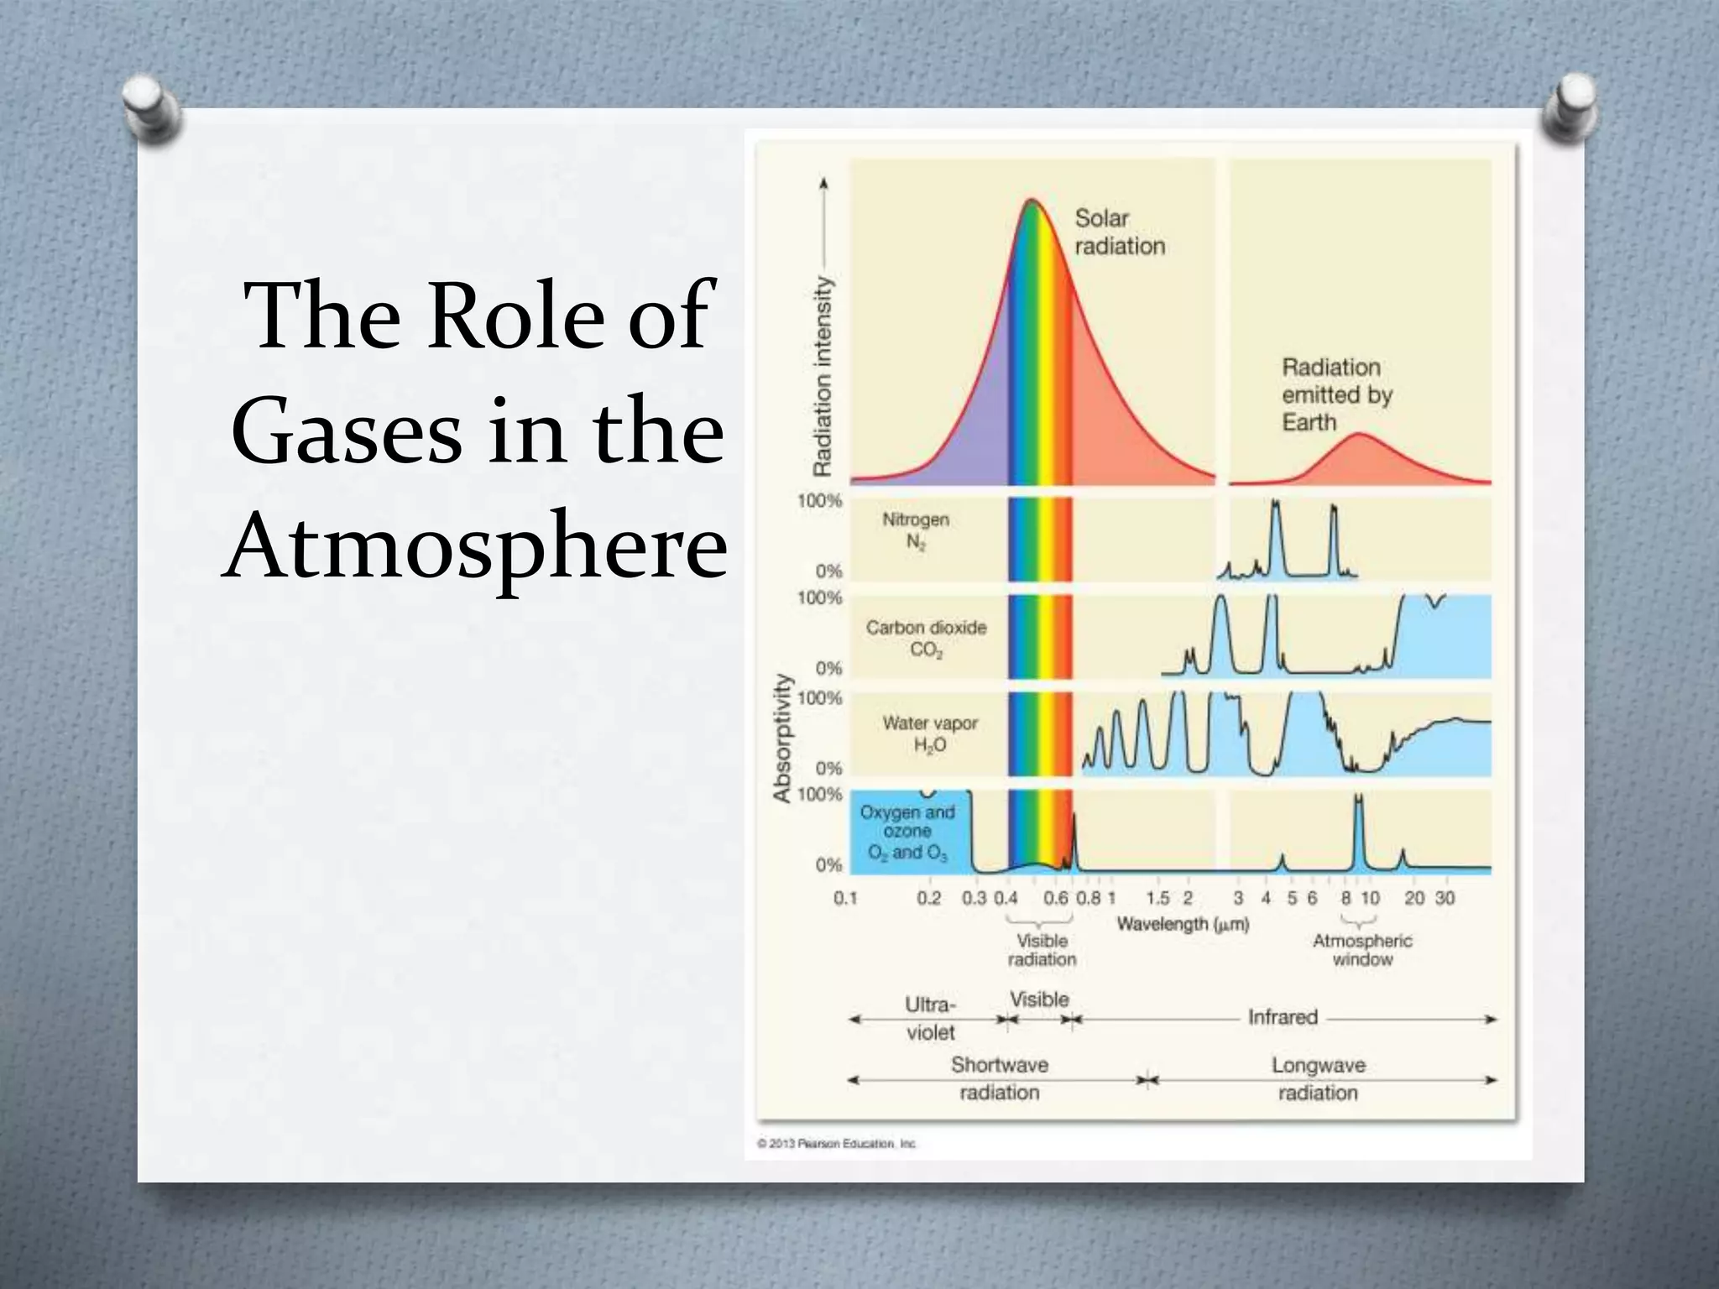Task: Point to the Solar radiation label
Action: pos(1119,232)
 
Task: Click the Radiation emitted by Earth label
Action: pos(1335,394)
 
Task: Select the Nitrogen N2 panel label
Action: pos(915,530)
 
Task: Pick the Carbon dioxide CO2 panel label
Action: pos(926,639)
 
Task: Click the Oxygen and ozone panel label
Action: pos(907,832)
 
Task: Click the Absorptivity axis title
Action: pos(782,738)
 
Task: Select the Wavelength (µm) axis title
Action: pos(1182,924)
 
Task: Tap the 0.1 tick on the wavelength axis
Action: pos(845,899)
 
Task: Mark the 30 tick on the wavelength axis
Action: pos(1445,899)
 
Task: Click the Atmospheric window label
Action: pos(1361,950)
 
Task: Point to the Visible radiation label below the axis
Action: pos(1042,950)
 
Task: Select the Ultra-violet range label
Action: pos(930,1018)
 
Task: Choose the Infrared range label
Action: pos(1283,1017)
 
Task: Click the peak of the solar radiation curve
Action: pos(1032,200)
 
